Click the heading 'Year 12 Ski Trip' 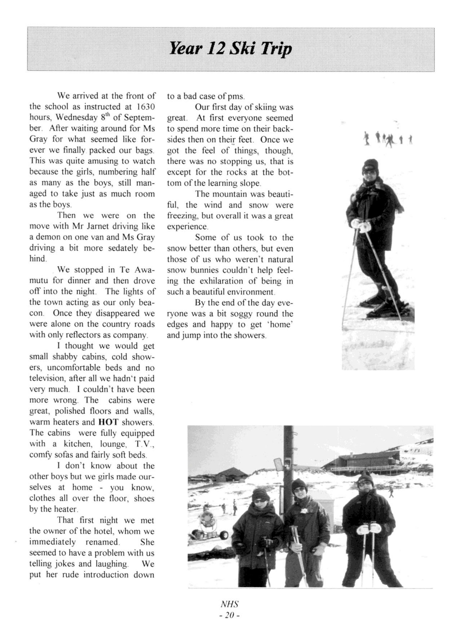(231, 49)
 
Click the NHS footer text (229, 604)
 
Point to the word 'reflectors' (80, 335)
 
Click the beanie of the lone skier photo (370, 164)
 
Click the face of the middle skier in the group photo (300, 490)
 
